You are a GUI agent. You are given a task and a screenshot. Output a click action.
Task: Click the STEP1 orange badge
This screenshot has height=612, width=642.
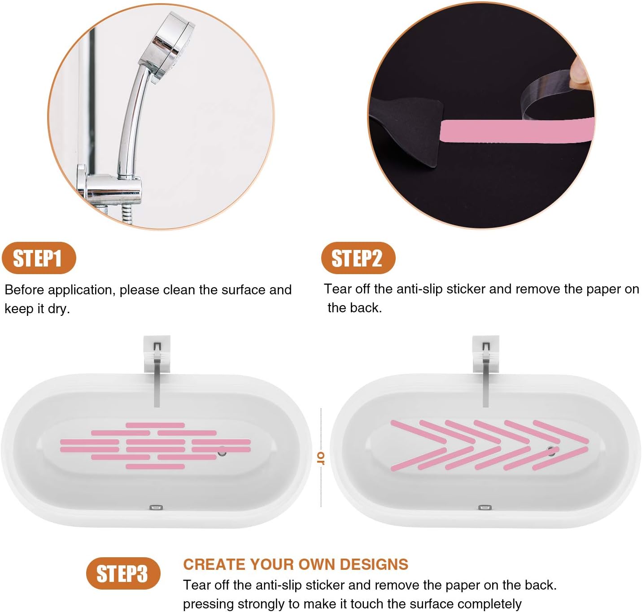(x=39, y=258)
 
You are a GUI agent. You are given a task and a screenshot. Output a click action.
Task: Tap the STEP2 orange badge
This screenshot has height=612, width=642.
(x=358, y=258)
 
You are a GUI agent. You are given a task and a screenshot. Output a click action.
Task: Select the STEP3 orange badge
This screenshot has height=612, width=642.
(x=123, y=573)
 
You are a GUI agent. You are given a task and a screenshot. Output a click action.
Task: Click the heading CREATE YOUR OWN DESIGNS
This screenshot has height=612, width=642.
(x=295, y=564)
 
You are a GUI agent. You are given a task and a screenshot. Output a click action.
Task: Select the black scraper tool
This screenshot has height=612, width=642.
(x=408, y=130)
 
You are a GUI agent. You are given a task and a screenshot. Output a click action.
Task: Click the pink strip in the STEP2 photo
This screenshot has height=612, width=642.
(x=516, y=131)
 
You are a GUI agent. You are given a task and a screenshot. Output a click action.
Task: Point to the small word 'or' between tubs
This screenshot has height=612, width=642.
(x=321, y=458)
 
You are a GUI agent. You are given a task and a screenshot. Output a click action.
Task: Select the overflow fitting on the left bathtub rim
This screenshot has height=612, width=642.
(x=156, y=507)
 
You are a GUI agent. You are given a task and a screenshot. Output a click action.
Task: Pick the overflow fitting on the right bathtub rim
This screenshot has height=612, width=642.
(x=485, y=507)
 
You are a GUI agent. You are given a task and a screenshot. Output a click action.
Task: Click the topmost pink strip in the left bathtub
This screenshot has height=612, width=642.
(x=155, y=425)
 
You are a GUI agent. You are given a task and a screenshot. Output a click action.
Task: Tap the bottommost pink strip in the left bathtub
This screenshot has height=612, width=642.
(x=155, y=467)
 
